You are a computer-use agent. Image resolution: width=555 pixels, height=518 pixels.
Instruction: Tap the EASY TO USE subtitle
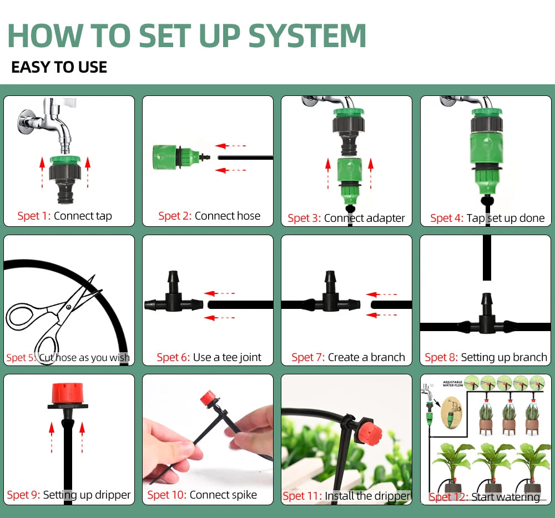59,68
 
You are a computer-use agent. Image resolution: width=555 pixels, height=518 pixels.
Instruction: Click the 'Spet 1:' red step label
34,216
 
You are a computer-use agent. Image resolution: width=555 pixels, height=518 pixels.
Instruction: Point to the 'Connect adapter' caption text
364,218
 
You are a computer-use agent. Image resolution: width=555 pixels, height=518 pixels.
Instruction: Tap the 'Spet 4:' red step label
446,218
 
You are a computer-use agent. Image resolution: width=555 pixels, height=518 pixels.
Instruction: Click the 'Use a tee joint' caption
227,357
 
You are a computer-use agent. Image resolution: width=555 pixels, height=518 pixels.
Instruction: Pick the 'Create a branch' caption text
366,357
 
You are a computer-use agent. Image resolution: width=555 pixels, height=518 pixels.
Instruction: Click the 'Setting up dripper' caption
87,495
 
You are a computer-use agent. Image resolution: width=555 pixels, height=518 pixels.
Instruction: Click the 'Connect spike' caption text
223,495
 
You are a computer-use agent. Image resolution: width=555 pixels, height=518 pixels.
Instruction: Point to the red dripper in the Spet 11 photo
367,426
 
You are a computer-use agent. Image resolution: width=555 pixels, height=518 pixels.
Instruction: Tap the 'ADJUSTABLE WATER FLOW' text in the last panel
453,383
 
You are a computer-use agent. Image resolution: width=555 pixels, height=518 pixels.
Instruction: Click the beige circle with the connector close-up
451,415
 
